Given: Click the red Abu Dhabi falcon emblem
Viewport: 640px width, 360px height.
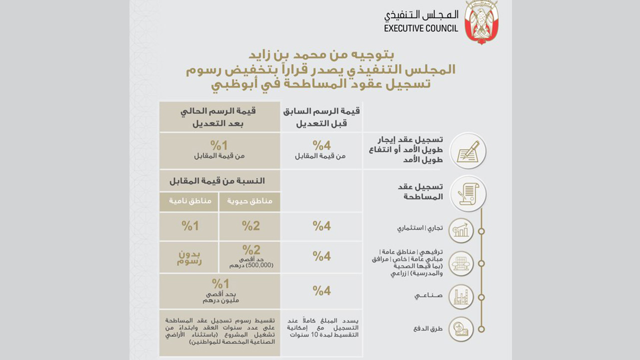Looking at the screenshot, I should pos(481,22).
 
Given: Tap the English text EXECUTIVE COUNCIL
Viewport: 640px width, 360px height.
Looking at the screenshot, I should pos(421,28).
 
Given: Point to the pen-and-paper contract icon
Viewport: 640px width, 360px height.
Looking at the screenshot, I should pos(468,150).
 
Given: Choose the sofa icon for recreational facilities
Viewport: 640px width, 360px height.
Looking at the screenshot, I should pos(461,263).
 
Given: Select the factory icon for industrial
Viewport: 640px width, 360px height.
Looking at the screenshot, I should pos(461,296).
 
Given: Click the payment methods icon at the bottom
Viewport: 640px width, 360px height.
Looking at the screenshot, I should pos(461,329).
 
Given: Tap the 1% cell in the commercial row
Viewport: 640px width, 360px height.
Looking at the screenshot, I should pos(189,226).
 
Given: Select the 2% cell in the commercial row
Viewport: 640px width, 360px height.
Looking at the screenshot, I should pos(250,226).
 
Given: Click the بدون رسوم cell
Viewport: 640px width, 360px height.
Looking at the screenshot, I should pos(189,257).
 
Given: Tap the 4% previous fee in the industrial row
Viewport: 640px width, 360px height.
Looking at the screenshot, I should pos(321,290).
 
